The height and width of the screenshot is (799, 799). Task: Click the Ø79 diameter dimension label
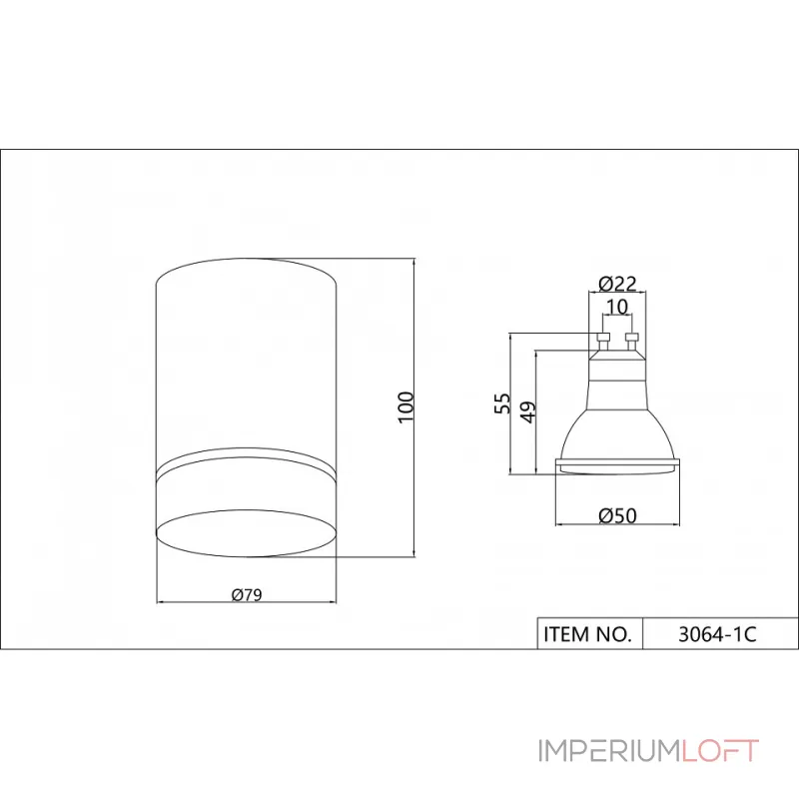[x=246, y=594]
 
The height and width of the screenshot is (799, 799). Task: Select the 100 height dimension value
[x=404, y=405]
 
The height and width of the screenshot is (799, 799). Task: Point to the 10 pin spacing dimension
[x=616, y=306]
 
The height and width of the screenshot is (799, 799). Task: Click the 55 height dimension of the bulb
[x=503, y=402]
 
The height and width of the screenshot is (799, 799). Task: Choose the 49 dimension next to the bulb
[x=528, y=409]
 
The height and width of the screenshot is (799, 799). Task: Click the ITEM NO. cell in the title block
[x=588, y=633]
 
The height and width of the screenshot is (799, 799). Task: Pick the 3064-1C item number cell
[x=717, y=633]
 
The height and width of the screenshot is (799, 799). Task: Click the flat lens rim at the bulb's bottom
[x=617, y=464]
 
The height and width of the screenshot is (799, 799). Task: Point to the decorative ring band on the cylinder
[x=246, y=464]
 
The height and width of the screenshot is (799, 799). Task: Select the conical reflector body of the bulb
[x=617, y=424]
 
